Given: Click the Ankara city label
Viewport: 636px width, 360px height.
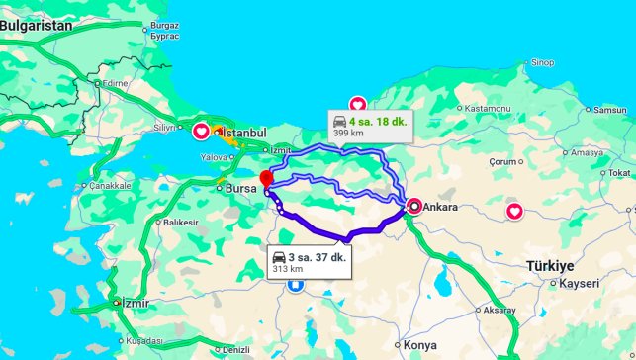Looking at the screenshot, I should click(x=441, y=208).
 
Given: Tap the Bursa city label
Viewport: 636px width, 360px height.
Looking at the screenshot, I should click(x=241, y=187).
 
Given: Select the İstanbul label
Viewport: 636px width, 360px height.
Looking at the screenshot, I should click(x=244, y=133).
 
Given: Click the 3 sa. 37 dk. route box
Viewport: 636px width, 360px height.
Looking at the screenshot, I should click(x=310, y=262).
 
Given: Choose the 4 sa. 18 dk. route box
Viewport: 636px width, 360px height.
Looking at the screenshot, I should click(x=370, y=125).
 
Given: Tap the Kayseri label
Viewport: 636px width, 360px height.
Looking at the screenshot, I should click(x=579, y=283).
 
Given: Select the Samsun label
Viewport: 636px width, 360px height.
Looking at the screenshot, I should click(x=610, y=109).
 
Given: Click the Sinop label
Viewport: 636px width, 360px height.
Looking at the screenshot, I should click(x=541, y=63).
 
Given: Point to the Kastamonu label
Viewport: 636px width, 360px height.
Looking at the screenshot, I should click(x=487, y=107).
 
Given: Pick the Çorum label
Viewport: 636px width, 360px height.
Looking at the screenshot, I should click(x=503, y=160).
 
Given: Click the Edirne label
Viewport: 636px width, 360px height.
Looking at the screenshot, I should click(x=116, y=84).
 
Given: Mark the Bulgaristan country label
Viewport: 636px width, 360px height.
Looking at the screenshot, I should click(x=37, y=26).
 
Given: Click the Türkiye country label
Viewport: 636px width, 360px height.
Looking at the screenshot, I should click(x=550, y=266).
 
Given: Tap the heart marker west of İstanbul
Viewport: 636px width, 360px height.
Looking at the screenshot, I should click(x=200, y=131).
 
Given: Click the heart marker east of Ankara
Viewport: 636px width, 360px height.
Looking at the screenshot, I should click(x=514, y=211).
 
